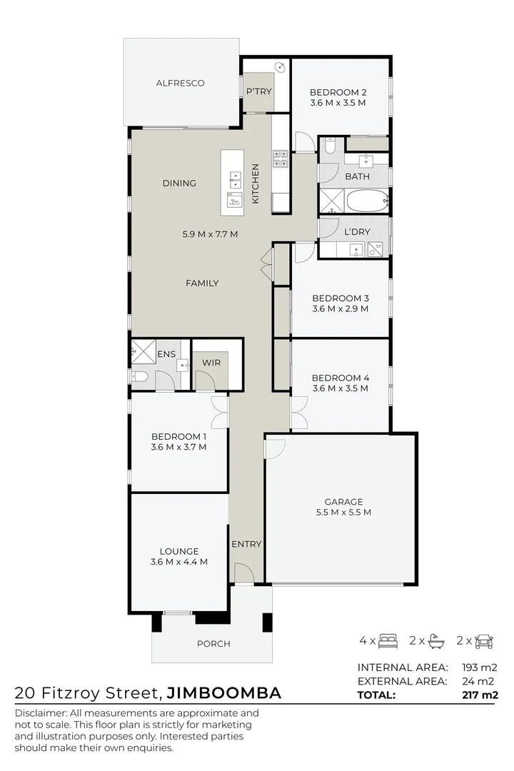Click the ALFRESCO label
click(x=180, y=83)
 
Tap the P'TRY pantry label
click(x=258, y=91)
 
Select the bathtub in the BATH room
click(x=367, y=201)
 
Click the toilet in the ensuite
click(x=139, y=376)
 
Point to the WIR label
click(x=211, y=363)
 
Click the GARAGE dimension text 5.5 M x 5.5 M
click(x=343, y=512)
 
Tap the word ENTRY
click(x=246, y=544)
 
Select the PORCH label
click(x=213, y=643)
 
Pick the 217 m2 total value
click(x=480, y=695)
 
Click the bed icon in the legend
click(x=388, y=640)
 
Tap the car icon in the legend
click(x=484, y=640)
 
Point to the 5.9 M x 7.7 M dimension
click(x=210, y=233)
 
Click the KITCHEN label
click(x=254, y=184)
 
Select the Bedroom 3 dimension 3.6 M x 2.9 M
click(x=340, y=309)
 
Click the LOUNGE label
click(x=178, y=551)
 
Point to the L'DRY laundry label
click(x=356, y=232)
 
